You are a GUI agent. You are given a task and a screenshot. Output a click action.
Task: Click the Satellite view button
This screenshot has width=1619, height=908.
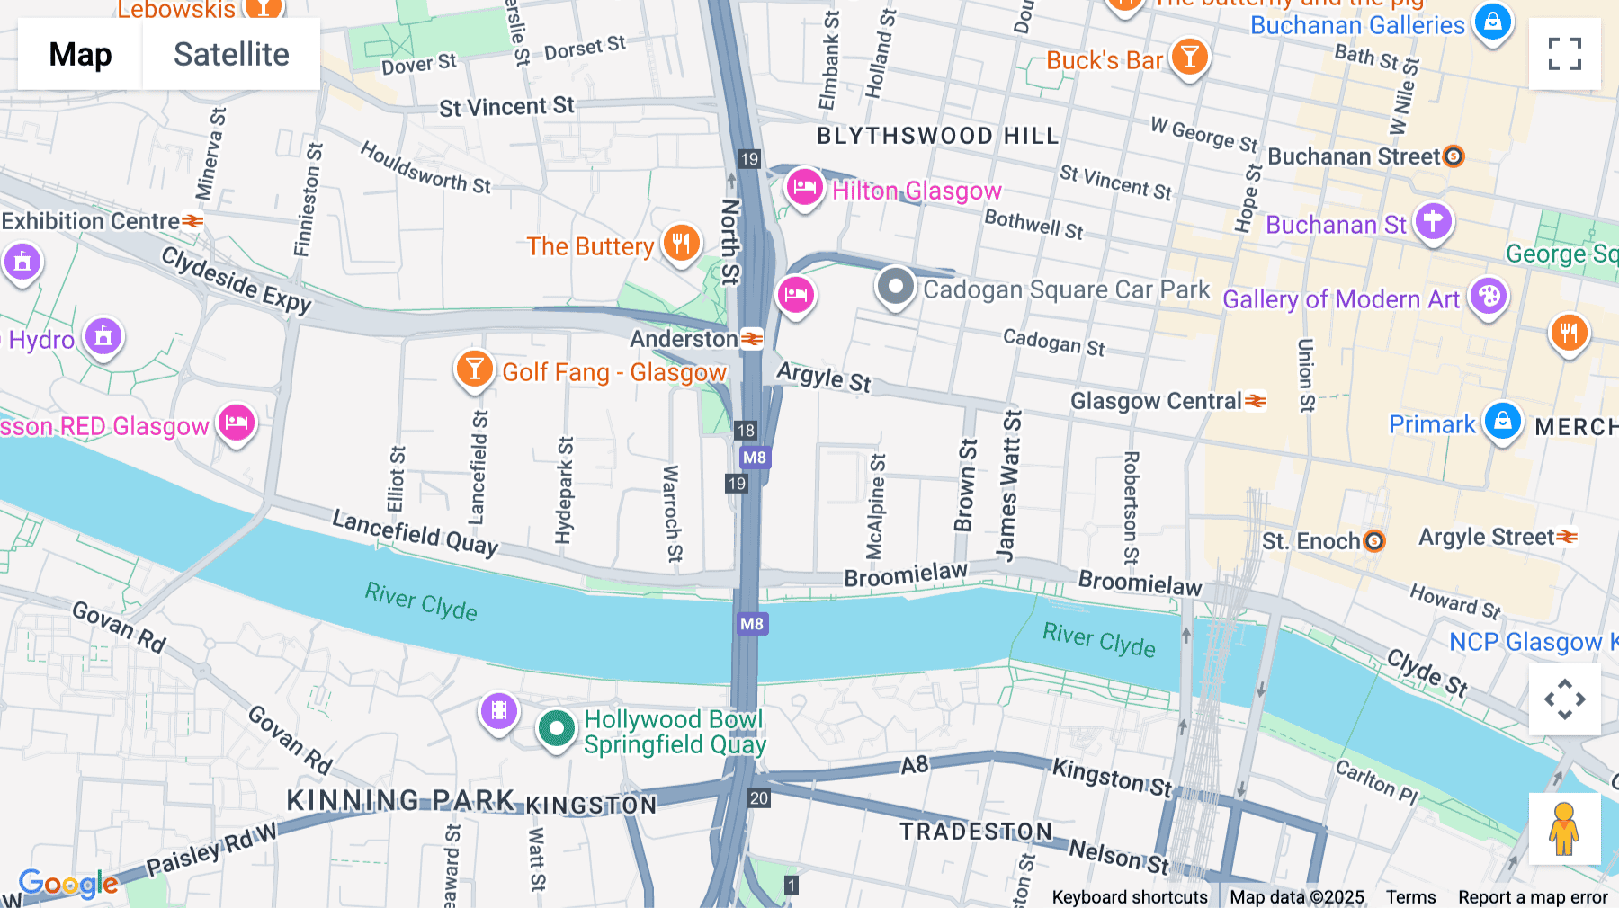[231, 54]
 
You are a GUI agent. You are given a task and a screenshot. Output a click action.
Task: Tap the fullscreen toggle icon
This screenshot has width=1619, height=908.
[1564, 54]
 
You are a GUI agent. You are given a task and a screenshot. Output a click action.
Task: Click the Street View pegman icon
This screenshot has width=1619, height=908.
[1564, 829]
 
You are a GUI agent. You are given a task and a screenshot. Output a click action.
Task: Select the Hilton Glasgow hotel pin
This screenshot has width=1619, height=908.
[804, 188]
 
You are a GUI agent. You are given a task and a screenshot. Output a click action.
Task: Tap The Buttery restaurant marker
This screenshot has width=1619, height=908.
[682, 244]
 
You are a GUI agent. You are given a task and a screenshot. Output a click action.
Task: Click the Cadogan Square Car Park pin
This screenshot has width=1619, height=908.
[895, 288]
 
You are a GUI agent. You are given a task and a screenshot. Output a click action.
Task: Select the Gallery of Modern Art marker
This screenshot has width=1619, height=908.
[1489, 296]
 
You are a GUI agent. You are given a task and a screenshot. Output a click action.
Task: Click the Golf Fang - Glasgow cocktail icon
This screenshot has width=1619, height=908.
[474, 369]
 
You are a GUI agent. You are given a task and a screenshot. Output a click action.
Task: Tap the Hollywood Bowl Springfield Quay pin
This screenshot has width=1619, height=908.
[557, 729]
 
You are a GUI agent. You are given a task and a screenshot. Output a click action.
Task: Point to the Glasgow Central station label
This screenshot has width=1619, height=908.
[1156, 401]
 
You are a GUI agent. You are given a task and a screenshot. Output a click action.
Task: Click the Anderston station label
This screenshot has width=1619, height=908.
[684, 339]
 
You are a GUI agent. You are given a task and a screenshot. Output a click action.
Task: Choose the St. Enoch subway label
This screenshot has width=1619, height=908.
[1310, 541]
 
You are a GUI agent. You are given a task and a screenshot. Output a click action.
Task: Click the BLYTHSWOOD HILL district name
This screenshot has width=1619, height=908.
[938, 136]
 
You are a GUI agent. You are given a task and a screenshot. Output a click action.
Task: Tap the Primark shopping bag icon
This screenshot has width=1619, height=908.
[1502, 422]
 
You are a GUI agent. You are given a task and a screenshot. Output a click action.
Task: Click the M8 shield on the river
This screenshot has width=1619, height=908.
[752, 624]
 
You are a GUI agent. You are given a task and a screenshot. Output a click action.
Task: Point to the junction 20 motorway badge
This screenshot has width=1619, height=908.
[759, 797]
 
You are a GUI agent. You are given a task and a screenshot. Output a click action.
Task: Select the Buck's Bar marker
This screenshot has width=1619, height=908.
[1189, 58]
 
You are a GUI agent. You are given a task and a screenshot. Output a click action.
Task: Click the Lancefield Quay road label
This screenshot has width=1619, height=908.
[415, 532]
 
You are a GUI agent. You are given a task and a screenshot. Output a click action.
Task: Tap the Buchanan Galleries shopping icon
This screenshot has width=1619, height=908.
[1492, 22]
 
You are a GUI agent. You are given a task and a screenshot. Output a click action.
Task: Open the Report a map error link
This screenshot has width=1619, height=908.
[1533, 897]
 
